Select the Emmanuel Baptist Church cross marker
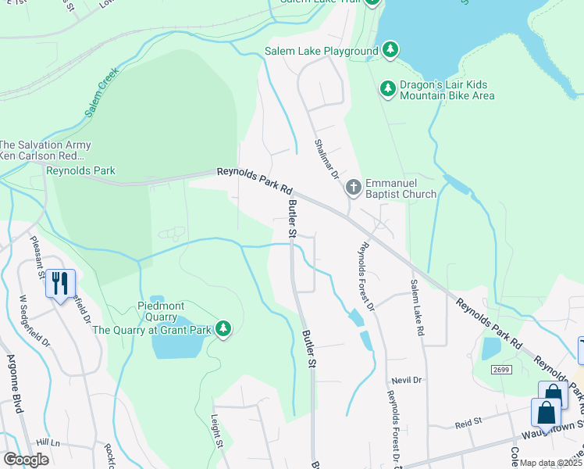(x=353, y=186)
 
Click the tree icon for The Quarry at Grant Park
(x=223, y=330)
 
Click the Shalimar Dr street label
(x=326, y=159)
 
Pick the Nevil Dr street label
(x=406, y=380)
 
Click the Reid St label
(x=470, y=424)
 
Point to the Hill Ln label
(x=47, y=442)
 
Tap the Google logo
(x=26, y=460)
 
